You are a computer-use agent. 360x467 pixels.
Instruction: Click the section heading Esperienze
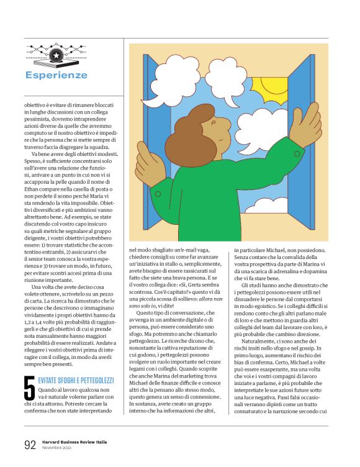56,75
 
